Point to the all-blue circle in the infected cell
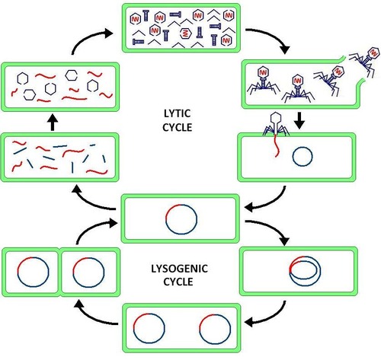pyautogui.click(x=302, y=158)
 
